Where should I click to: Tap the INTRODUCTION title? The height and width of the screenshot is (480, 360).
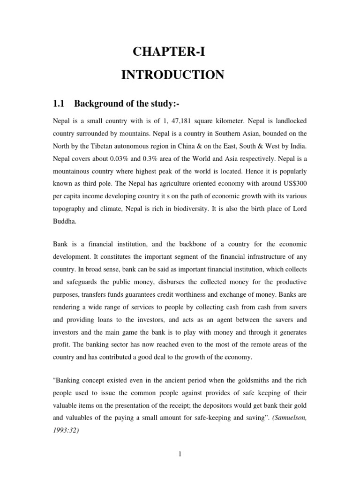(172, 75)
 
